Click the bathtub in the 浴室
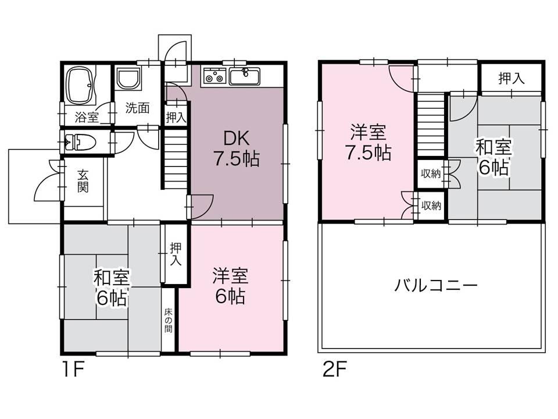pos(81,86)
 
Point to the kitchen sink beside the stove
pos(245,76)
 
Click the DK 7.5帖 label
pos(237,148)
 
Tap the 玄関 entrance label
pos(83,182)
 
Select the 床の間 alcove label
pos(168,320)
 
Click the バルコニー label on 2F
pos(435,286)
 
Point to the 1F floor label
pos(73,370)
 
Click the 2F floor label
pos(335,370)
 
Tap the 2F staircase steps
pos(431,125)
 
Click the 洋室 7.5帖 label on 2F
pos(368,142)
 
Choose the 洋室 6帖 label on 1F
pos(230,286)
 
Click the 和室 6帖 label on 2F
pos(493,157)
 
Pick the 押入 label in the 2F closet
pos(512,78)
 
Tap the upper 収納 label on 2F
pos(431,173)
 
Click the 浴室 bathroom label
pos(87,117)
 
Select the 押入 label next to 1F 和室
pos(176,254)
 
